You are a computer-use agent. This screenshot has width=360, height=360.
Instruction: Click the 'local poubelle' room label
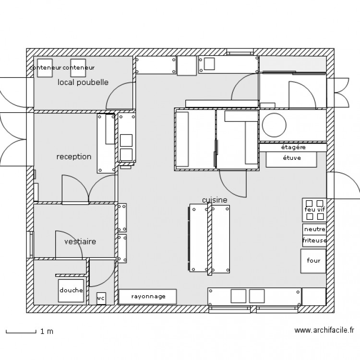pos(83,83)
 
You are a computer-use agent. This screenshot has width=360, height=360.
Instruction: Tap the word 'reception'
pos(74,157)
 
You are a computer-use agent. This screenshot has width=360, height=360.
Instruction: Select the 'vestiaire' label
pos(80,241)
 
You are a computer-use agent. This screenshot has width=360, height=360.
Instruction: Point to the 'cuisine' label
pos(215,200)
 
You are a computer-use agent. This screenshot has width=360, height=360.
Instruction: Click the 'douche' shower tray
pos(71,291)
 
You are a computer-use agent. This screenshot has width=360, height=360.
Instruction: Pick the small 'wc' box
pos(101,299)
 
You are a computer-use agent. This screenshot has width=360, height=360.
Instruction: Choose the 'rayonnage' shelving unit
pos(148,297)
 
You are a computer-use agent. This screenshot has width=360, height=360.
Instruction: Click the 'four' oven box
pos(313,261)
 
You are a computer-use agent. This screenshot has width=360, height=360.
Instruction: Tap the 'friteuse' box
pos(314,241)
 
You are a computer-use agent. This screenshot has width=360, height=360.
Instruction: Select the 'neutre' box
pos(314,229)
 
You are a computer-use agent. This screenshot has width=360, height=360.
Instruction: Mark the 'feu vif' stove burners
pos(314,210)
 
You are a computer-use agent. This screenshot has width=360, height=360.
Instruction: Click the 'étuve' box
pos(291,159)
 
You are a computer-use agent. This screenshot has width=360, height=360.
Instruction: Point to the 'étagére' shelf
pos(293,147)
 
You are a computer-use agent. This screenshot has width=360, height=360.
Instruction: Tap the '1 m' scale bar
pos(21,332)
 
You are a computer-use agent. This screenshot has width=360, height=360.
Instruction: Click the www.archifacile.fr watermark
pos(324,330)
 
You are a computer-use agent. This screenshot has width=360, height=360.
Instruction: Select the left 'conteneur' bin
pos(45,68)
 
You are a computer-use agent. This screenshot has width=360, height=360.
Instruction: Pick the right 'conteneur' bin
pos(78,68)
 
